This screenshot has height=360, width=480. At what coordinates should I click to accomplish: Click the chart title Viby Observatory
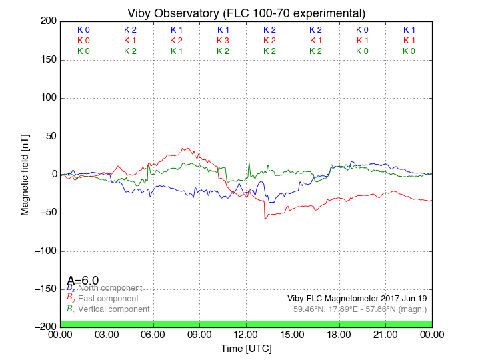[246, 13]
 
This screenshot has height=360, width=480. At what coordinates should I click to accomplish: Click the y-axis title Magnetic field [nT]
[25, 173]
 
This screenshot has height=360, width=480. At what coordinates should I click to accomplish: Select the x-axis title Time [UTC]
[246, 348]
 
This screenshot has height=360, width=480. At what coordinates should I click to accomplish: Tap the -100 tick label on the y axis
[43, 251]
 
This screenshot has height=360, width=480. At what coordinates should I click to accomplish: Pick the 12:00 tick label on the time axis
[246, 334]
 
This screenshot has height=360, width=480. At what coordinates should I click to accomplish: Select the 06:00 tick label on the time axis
[153, 334]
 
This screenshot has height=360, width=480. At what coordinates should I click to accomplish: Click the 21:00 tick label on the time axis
[385, 334]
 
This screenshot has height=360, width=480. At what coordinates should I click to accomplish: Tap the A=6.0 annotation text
[83, 281]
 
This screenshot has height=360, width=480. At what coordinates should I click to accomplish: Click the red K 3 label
[223, 41]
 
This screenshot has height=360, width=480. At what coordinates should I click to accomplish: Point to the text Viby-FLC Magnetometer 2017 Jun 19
[357, 299]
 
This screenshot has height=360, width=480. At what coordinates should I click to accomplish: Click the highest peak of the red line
[187, 148]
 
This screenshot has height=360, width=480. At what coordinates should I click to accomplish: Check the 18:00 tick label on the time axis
[339, 334]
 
